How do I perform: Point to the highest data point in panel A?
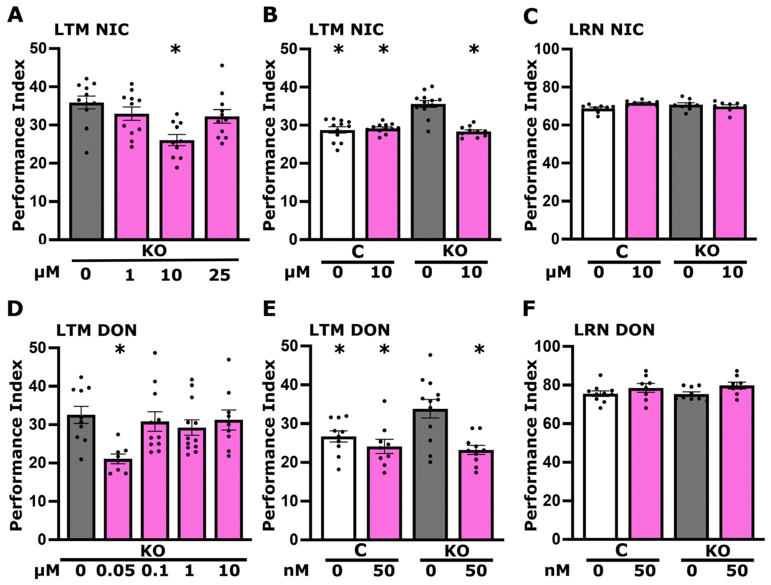pyautogui.click(x=222, y=65)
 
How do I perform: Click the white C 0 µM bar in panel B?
pyautogui.click(x=337, y=185)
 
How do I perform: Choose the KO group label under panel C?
pyautogui.click(x=707, y=250)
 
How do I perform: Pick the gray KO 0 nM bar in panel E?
pyautogui.click(x=430, y=474)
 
